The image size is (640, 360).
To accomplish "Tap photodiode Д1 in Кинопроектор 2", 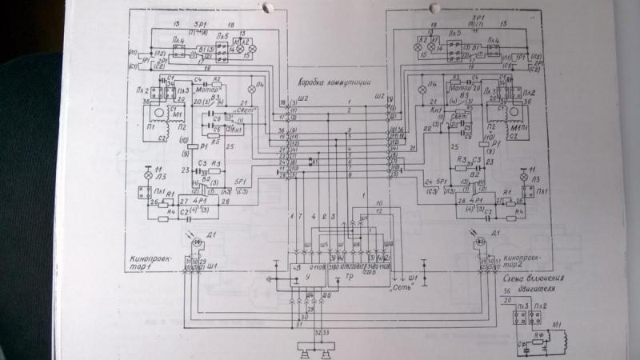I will (x=478, y=241).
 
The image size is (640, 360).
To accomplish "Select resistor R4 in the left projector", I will (x=165, y=214).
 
